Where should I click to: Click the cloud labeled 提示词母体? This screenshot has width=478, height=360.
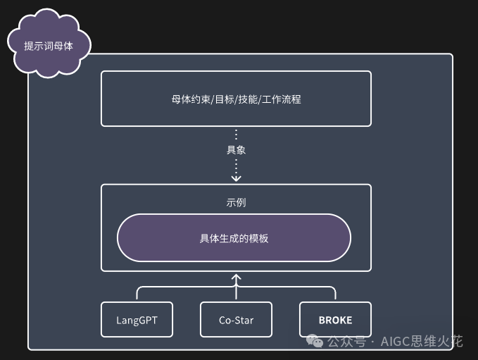49,45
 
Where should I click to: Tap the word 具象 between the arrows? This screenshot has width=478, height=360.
236,150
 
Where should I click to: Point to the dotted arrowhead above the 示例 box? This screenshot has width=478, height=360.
236,178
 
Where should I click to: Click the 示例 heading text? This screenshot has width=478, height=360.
236,202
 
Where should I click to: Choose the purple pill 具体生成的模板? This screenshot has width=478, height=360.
234,238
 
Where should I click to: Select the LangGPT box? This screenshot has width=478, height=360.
137,320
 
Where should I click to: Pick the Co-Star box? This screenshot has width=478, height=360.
236,320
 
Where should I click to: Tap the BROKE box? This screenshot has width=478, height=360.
335,320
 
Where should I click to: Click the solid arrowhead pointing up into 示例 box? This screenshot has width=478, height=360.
236,277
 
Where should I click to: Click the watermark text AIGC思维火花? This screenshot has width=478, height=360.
422,342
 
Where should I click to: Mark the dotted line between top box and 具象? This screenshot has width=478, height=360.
236,135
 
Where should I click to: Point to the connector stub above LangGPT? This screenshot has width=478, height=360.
137,294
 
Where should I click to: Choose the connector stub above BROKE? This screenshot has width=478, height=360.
335,294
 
